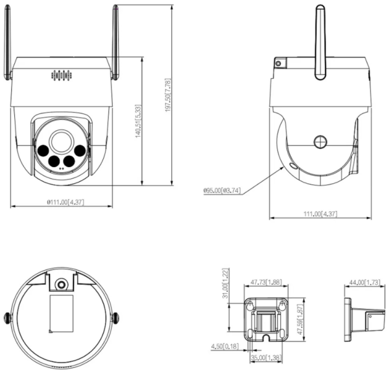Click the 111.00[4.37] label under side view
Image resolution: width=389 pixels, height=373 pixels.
tap(320, 213)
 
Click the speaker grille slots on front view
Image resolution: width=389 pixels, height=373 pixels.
tap(60, 76)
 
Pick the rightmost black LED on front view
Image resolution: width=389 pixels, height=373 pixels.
tap(79, 150)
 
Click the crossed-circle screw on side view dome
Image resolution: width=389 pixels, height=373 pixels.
tap(320, 142)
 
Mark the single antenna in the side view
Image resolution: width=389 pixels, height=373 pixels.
tap(319, 42)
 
